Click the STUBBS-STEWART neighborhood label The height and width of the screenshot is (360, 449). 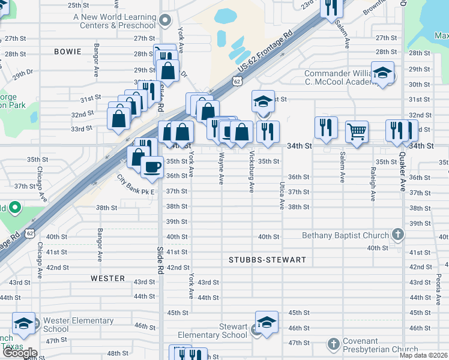pos(267,260)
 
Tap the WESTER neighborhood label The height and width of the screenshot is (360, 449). pos(108,278)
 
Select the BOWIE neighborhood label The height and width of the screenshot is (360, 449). pos(68,52)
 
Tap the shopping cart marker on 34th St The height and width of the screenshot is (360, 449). pos(357,130)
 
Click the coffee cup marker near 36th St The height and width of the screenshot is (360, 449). pos(152,166)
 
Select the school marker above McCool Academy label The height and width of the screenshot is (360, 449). pos(382,73)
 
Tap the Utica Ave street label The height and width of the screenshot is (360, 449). pos(281,196)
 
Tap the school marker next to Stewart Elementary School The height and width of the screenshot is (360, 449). pos(267,322)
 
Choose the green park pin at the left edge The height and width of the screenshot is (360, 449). pos(15,208)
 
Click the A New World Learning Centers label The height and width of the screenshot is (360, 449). pos(115,21)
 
